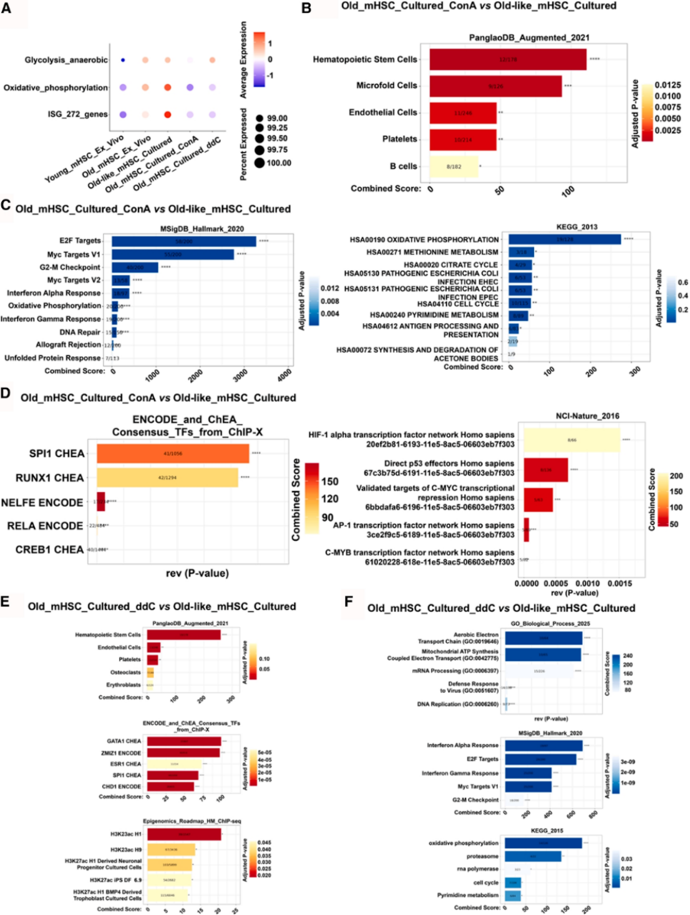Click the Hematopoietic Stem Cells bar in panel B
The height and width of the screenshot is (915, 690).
[x=508, y=59]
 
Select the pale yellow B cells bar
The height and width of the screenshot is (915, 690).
[x=454, y=167]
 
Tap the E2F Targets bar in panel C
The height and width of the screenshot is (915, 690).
[x=184, y=241]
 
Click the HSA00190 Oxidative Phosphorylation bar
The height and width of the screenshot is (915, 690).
[x=565, y=239]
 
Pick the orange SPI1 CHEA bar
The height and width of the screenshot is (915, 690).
[x=173, y=453]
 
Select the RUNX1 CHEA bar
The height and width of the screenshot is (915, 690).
[x=167, y=478]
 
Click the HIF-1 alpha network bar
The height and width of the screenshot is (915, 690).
[x=571, y=440]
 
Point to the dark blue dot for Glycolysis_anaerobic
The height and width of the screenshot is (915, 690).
[x=123, y=60]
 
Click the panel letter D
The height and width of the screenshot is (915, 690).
[x=6, y=394]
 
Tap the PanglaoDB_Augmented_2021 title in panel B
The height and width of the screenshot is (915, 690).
[x=529, y=37]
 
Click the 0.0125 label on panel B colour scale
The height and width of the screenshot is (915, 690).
[x=668, y=85]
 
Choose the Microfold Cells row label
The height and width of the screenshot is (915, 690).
[x=387, y=85]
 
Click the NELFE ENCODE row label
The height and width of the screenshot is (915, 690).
[x=42, y=503]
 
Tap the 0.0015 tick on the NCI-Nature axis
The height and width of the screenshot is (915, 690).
[x=620, y=584]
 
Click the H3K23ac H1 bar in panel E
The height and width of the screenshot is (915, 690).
[x=184, y=834]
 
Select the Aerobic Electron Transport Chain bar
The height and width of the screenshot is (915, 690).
[x=543, y=638]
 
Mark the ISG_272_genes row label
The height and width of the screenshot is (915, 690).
[x=77, y=114]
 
